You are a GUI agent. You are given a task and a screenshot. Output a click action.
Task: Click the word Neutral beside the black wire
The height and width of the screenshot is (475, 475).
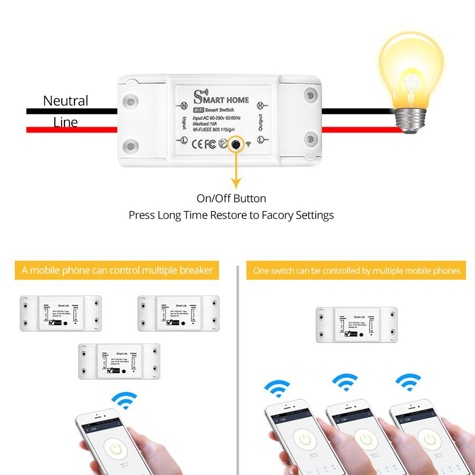click(x=65, y=100)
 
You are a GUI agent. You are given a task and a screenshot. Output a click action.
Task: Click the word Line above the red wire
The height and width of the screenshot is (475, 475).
click(x=65, y=122)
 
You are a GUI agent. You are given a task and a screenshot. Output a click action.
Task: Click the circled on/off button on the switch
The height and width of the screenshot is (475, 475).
click(x=235, y=144)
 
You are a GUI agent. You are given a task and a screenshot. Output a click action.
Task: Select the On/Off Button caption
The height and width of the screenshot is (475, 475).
click(x=231, y=198)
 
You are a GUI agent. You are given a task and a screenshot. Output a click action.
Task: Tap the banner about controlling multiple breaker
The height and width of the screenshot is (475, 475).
click(x=117, y=271)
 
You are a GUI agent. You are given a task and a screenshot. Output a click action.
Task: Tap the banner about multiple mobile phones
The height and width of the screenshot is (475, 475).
click(x=357, y=271)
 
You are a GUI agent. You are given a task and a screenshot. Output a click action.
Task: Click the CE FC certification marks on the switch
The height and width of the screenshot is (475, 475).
click(x=203, y=143)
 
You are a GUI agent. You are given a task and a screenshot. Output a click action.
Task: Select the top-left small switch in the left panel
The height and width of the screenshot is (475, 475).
click(x=60, y=313)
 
